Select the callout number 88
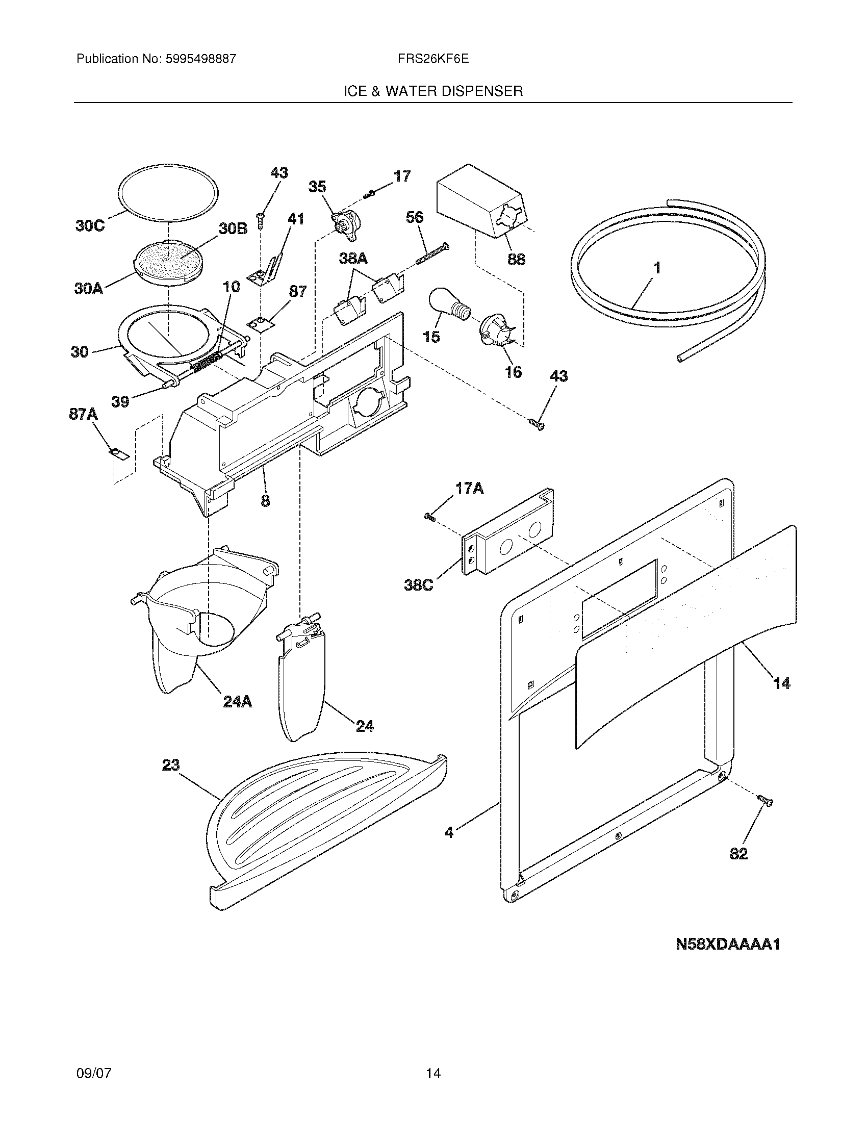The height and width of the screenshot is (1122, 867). pos(516,260)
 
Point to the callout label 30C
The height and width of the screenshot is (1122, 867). pos(90,225)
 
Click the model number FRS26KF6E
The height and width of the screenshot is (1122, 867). pos(432,59)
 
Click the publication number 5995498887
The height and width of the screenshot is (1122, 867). pos(200,59)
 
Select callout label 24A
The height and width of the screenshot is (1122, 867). pos(238,702)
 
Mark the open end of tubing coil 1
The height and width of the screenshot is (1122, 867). pos(680,359)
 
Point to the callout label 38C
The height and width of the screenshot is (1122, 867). pos(419,584)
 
